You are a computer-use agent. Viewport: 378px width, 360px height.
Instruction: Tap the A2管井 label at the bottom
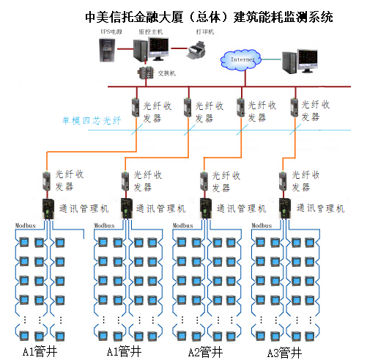[x=204, y=351]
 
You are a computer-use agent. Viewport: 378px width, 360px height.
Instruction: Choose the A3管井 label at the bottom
[x=283, y=351]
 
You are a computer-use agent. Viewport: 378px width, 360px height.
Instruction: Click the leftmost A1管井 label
[x=40, y=351]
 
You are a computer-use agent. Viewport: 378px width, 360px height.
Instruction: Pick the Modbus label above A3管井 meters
[x=262, y=226]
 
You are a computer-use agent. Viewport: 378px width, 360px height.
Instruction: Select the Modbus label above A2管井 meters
[x=183, y=226]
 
